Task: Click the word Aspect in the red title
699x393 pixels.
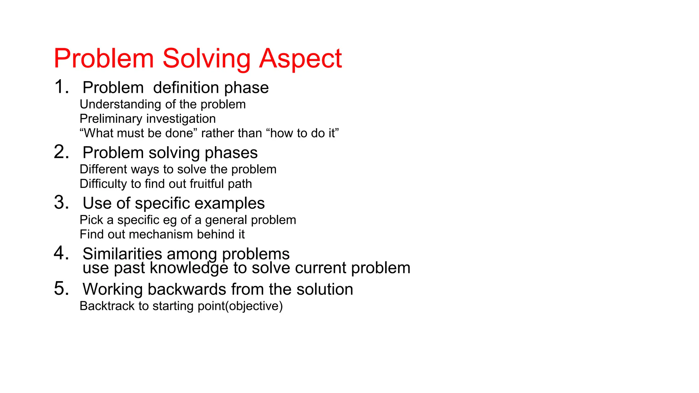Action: (300, 59)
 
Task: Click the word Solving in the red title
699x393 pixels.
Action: (206, 59)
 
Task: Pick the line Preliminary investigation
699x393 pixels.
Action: (147, 119)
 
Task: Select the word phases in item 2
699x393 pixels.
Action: (231, 153)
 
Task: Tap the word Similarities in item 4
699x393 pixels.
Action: (122, 254)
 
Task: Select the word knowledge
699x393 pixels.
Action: (189, 268)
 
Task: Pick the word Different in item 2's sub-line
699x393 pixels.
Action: (103, 169)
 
